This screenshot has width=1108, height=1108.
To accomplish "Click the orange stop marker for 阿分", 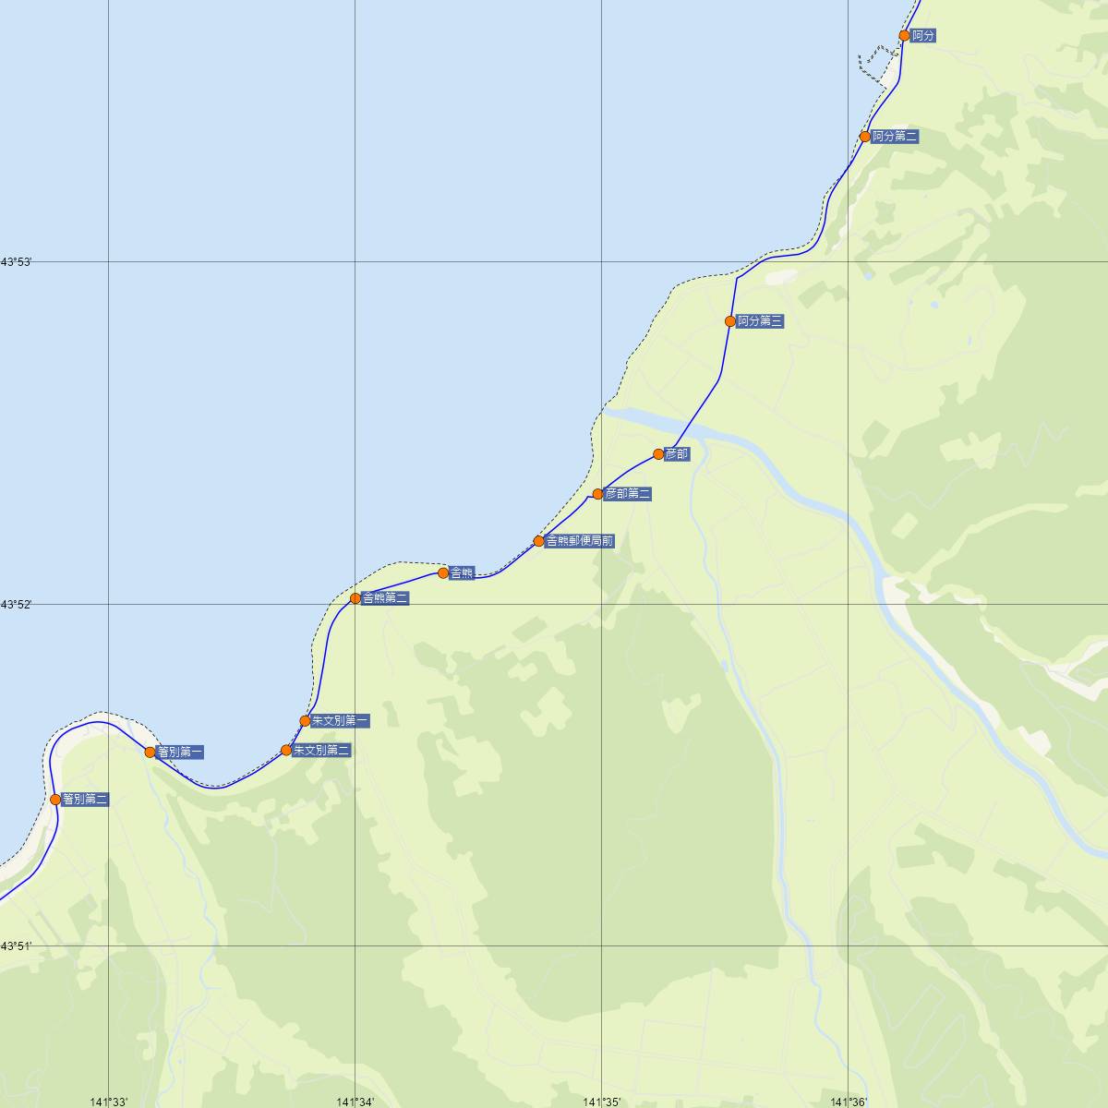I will pyautogui.click(x=905, y=36).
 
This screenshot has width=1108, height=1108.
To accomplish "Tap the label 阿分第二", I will pyautogui.click(x=895, y=137).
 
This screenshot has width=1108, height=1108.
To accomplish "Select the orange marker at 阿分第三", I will pyautogui.click(x=730, y=321).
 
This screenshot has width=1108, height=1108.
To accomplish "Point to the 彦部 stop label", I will pyautogui.click(x=677, y=454).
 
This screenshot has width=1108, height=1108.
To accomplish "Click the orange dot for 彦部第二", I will pyautogui.click(x=598, y=494).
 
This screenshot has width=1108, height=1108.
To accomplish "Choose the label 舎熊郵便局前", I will pyautogui.click(x=580, y=541).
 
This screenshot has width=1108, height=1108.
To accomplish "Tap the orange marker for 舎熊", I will pyautogui.click(x=443, y=573).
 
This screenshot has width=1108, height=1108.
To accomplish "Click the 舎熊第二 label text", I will pyautogui.click(x=385, y=598).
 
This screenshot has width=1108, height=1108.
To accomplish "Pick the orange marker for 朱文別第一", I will pyautogui.click(x=305, y=721).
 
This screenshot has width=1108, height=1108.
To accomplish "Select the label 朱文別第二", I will pyautogui.click(x=321, y=751).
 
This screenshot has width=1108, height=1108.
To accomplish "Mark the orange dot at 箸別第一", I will pyautogui.click(x=151, y=753).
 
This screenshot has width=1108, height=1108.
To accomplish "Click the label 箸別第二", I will pyautogui.click(x=86, y=800).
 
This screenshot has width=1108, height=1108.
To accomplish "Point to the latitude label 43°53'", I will pyautogui.click(x=17, y=262).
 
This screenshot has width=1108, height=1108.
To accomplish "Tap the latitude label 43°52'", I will pyautogui.click(x=17, y=604).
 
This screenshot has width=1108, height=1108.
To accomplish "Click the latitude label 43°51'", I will pyautogui.click(x=17, y=945).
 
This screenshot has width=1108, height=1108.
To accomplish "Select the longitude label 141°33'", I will pyautogui.click(x=109, y=1102).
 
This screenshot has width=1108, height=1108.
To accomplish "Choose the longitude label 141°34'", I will pyautogui.click(x=355, y=1102).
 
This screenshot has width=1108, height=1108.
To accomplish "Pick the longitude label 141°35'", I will pyautogui.click(x=602, y=1102).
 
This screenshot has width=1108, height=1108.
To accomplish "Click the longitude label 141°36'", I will pyautogui.click(x=849, y=1102).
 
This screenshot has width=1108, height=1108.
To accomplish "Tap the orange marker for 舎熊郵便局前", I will pyautogui.click(x=539, y=541).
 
